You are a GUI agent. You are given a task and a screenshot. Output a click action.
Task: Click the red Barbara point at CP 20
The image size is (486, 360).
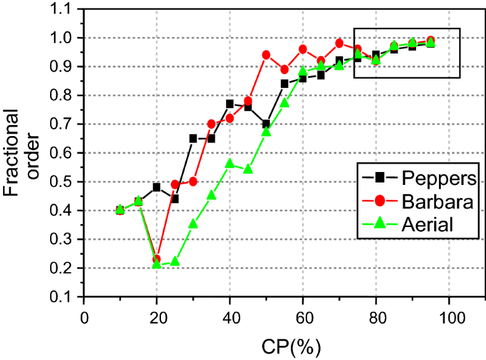point(157,259)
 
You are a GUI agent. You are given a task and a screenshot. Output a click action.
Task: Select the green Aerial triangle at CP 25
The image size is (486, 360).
point(175,262)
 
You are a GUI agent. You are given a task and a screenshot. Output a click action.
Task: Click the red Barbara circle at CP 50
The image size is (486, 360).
point(266,55)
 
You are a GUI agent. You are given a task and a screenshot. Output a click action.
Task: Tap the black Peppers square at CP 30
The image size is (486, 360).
point(193,139)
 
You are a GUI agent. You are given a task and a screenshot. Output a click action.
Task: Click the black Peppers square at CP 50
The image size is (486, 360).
point(266,124)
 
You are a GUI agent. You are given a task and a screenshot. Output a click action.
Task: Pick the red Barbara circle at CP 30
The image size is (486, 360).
point(193,181)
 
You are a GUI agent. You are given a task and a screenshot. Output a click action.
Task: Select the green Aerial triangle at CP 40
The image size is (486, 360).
point(230,163)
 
